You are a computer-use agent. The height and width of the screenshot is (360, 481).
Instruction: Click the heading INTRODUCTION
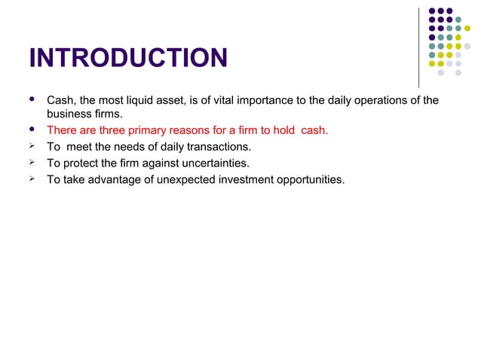(x=127, y=58)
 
